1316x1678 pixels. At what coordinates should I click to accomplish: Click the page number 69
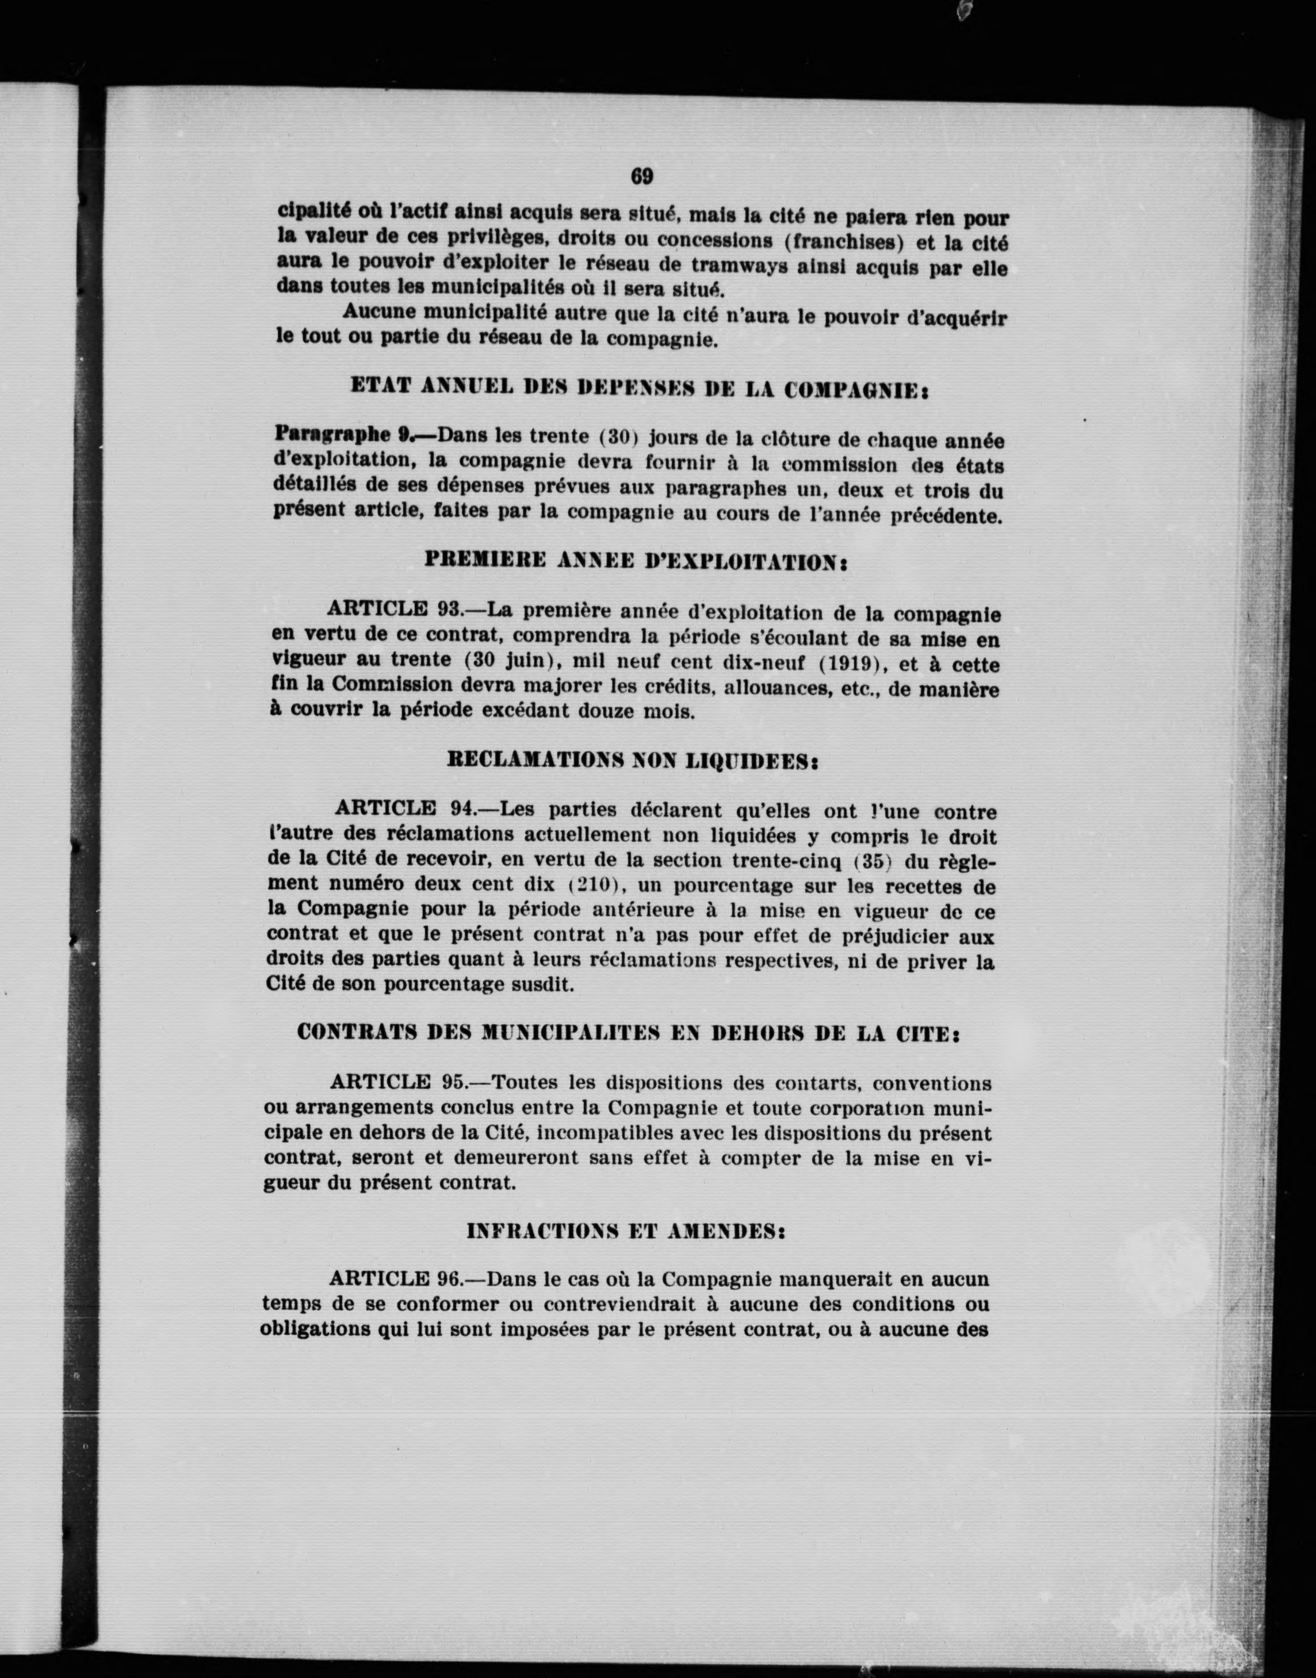click(x=642, y=177)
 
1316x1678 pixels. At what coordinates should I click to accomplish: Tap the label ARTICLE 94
click(x=404, y=810)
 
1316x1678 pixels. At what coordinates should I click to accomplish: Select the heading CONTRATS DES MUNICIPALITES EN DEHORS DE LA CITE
click(x=628, y=1033)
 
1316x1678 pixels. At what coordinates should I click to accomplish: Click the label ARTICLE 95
click(x=399, y=1082)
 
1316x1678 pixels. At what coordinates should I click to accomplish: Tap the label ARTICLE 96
click(x=395, y=1279)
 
